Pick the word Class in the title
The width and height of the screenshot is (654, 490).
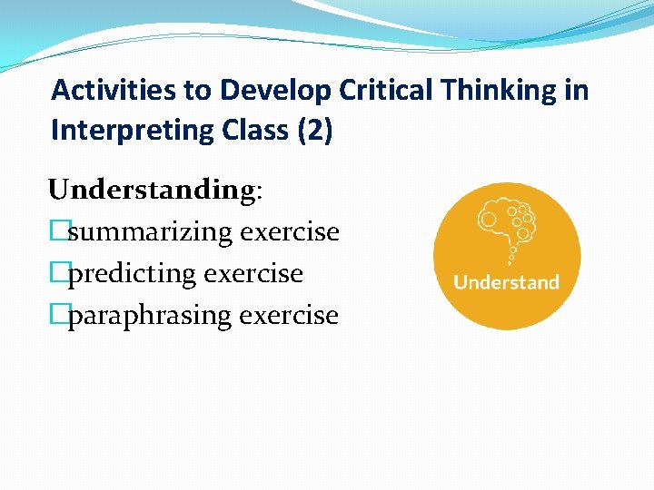tap(248, 131)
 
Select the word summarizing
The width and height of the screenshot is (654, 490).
tap(150, 232)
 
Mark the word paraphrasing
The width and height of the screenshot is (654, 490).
tap(149, 316)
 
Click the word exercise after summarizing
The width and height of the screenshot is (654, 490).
tap(290, 232)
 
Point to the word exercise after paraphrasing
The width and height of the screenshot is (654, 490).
tap(289, 316)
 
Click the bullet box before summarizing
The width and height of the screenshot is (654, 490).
tap(58, 232)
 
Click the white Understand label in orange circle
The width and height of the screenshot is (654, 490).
tap(506, 282)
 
